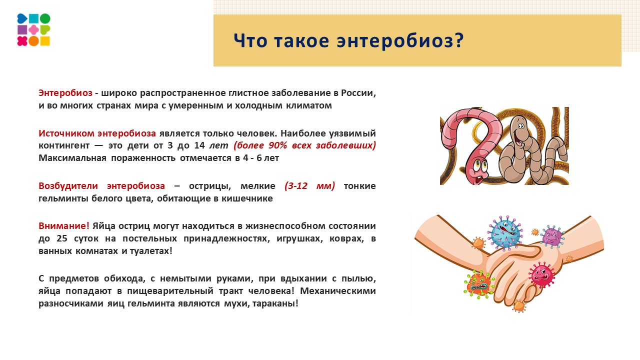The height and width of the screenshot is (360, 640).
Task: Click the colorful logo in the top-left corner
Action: coord(33,30)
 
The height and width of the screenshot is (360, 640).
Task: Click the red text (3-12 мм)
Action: coord(310,186)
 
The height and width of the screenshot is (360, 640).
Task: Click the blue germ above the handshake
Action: coord(506,232)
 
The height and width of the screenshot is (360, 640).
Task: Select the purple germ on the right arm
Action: coord(551,236)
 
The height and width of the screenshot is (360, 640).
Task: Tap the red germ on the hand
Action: coord(541,274)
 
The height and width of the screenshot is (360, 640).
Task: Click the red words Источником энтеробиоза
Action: coord(97,133)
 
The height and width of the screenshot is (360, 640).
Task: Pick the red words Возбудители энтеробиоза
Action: coord(101,186)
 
